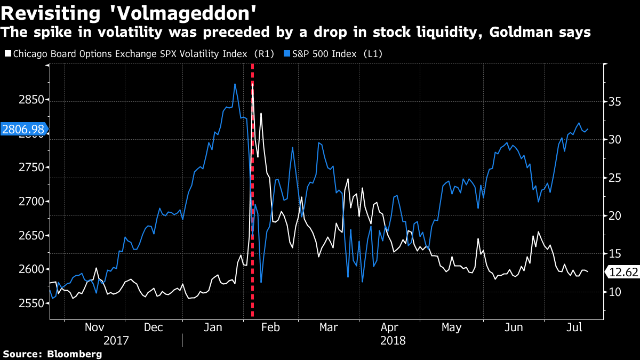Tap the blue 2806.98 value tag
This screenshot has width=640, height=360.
click(23, 129)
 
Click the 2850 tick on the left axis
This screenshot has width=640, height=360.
click(17, 100)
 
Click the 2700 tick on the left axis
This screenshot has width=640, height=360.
click(17, 202)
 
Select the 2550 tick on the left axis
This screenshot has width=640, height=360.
click(17, 303)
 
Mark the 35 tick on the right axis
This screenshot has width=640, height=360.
click(615, 101)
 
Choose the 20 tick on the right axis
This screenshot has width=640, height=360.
click(615, 215)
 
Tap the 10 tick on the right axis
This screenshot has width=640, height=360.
click(615, 292)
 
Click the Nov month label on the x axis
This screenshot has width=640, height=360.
click(95, 327)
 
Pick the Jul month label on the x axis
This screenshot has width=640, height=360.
click(574, 327)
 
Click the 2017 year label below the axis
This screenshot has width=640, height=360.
click(116, 340)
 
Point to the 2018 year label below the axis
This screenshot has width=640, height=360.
click(394, 340)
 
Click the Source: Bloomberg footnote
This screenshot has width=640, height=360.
click(52, 354)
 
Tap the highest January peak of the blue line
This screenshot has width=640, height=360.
click(235, 84)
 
